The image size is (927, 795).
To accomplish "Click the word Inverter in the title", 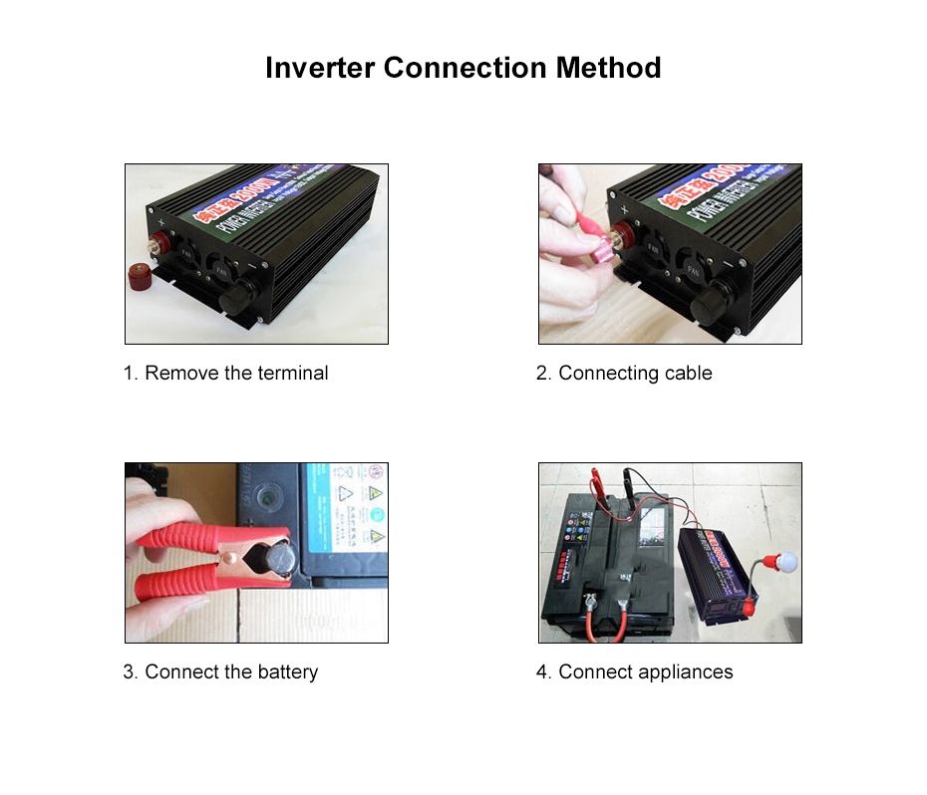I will click(320, 69).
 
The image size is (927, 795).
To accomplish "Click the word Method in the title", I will click(608, 69).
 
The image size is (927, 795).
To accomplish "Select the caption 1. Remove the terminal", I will click(225, 374).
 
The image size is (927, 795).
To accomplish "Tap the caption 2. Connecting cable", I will click(624, 374).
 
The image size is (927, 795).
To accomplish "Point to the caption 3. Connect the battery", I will click(220, 672).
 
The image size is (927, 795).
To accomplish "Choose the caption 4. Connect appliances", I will click(634, 672).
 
